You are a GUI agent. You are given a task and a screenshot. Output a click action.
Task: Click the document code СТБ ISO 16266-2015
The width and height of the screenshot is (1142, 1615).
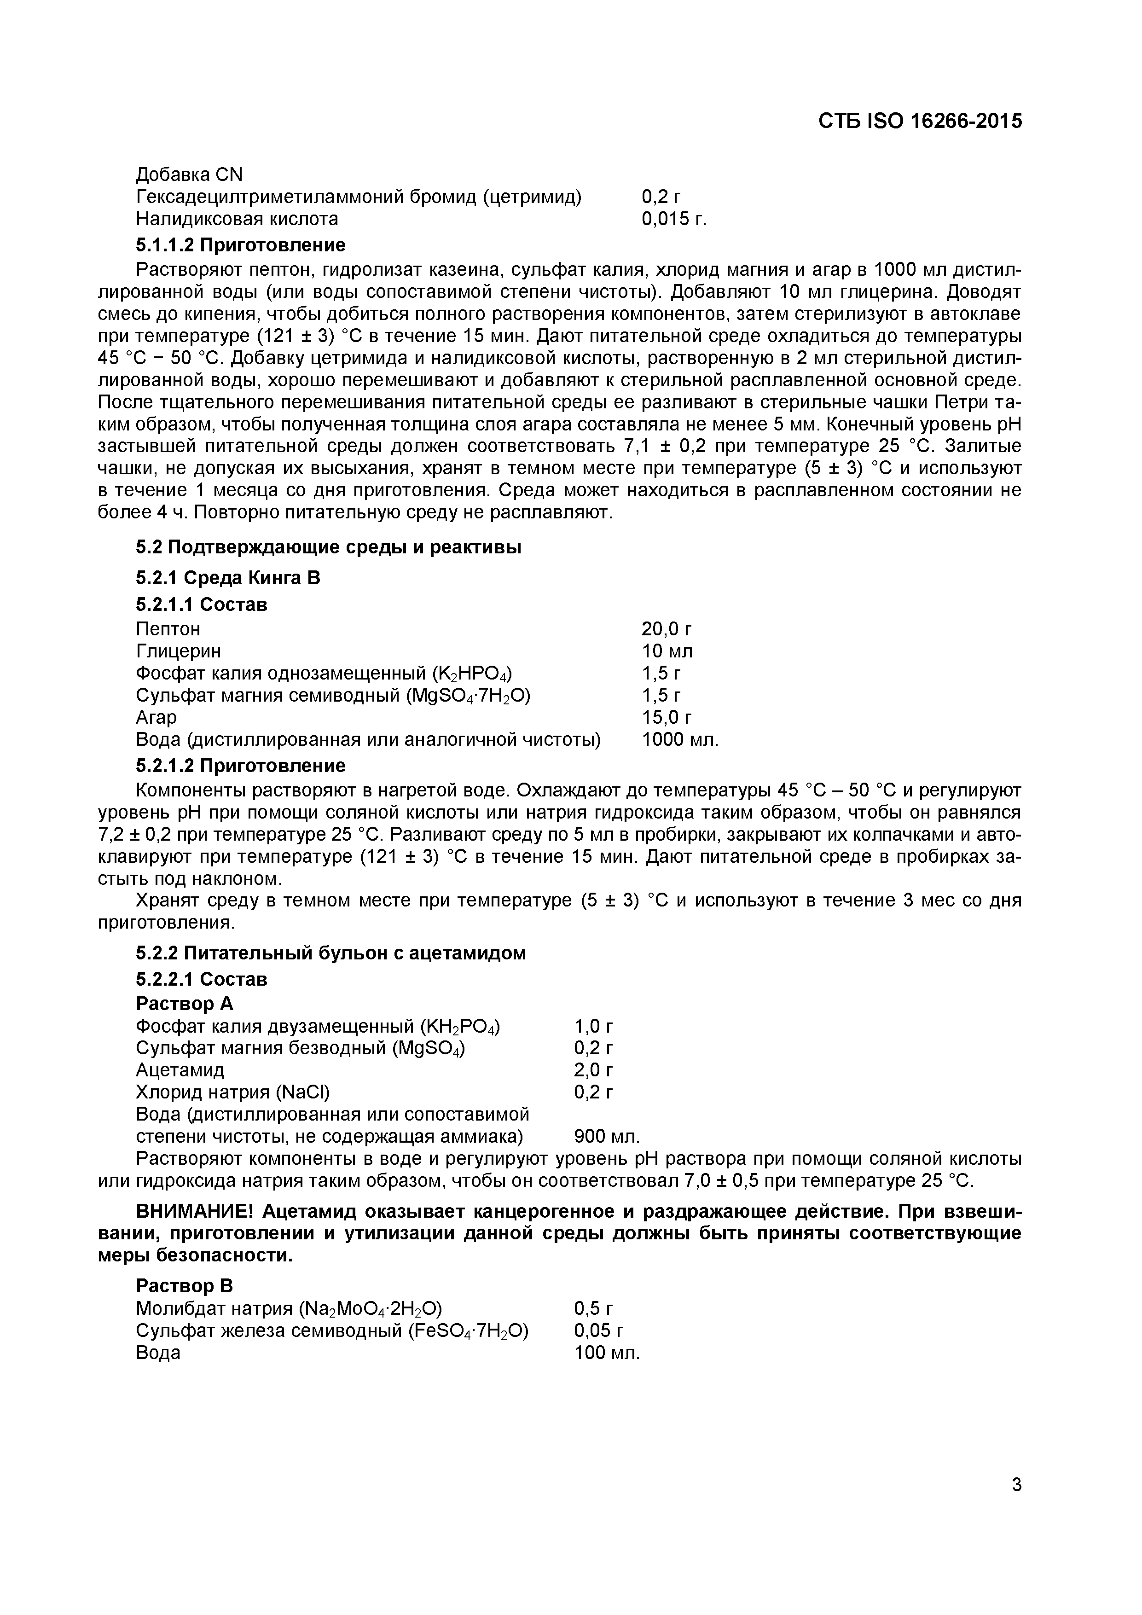pyautogui.click(x=920, y=122)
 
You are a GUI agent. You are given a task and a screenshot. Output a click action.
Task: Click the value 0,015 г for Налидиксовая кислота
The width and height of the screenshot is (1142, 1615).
pyautogui.click(x=673, y=220)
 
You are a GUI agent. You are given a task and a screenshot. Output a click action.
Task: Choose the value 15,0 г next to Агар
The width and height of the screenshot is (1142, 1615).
pyautogui.click(x=667, y=717)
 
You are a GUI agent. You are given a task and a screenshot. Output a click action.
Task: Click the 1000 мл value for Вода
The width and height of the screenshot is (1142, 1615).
pyautogui.click(x=680, y=739)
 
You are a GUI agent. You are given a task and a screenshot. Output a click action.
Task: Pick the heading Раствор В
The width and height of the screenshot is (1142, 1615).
pyautogui.click(x=184, y=1286)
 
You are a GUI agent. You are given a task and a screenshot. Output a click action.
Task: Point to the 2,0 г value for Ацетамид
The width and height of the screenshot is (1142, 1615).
pyautogui.click(x=593, y=1070)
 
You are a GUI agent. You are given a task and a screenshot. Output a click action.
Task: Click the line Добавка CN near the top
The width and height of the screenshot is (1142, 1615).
pyautogui.click(x=189, y=174)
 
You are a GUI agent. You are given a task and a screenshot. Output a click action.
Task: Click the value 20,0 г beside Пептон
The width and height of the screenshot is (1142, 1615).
pyautogui.click(x=667, y=628)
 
